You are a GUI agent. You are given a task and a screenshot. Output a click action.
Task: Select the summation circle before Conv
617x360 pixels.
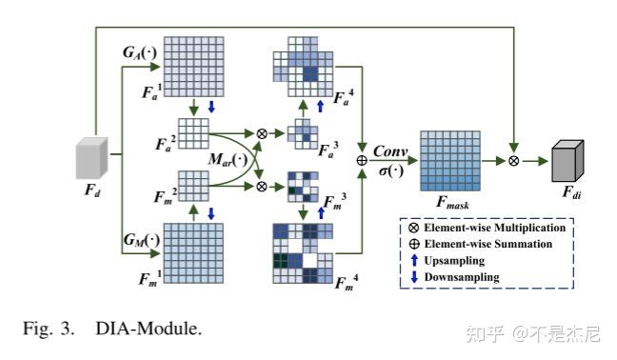point(362,160)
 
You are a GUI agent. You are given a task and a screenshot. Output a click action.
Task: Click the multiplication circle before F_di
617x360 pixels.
point(513,161)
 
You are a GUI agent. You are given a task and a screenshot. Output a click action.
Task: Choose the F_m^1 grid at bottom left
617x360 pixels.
point(194,251)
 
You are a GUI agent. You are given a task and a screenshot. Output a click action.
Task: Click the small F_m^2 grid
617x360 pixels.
point(193,183)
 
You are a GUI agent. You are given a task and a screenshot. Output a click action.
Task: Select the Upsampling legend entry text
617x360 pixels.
point(456,260)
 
